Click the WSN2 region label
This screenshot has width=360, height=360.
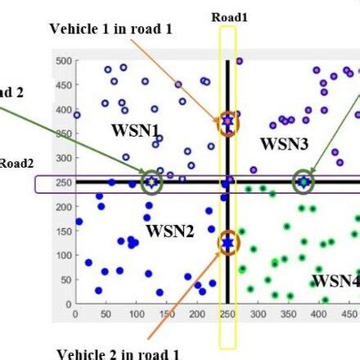pos(170,232)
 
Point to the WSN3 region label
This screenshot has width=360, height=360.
pos(284,144)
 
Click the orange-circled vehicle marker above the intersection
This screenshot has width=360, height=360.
pos(227,123)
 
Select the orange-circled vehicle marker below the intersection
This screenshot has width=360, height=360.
pos(227,242)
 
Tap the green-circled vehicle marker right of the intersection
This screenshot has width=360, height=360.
pos(304,182)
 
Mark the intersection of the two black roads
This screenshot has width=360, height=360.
pos(227,182)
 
